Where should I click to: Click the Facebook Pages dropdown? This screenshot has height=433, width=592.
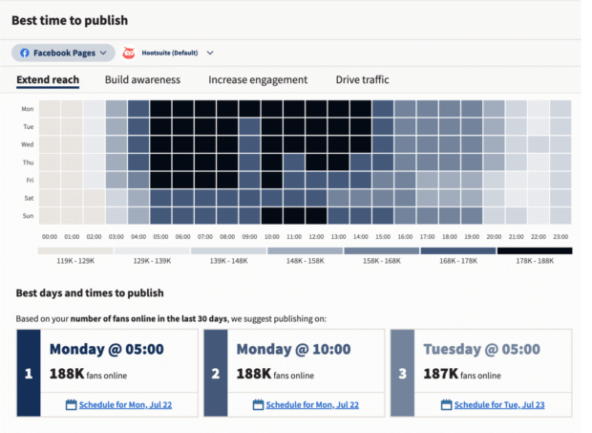tap(63, 54)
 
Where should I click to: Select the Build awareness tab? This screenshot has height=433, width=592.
tap(143, 80)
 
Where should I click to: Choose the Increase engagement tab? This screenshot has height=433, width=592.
tap(258, 80)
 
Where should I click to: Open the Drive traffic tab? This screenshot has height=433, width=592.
tap(362, 80)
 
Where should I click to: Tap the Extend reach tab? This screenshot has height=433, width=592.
tap(48, 80)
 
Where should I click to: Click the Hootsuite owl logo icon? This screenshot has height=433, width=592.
tap(130, 54)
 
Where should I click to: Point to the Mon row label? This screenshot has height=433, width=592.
tap(28, 109)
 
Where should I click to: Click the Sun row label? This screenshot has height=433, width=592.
tap(28, 216)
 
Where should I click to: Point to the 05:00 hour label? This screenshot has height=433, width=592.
tap(161, 237)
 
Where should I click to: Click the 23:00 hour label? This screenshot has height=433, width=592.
tap(561, 237)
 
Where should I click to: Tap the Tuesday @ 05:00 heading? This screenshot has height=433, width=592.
tap(475, 349)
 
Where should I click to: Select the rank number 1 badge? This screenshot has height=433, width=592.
tap(28, 374)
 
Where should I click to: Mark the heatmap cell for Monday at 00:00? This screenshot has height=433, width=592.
tap(50, 109)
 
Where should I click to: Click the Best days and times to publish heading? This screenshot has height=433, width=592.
tap(90, 292)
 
